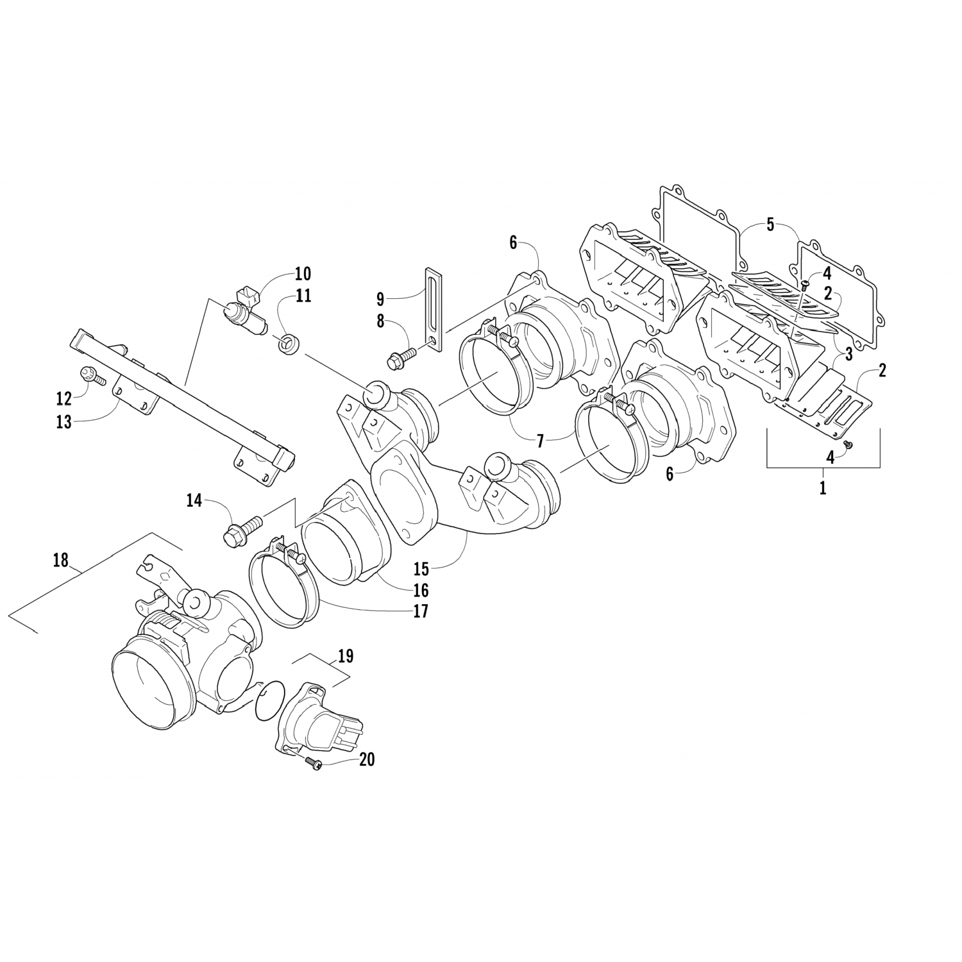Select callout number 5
click(770, 225)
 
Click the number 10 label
click(303, 274)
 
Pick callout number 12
click(63, 398)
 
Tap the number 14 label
click(194, 500)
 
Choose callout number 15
click(421, 568)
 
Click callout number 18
click(60, 560)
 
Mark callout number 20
click(367, 759)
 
